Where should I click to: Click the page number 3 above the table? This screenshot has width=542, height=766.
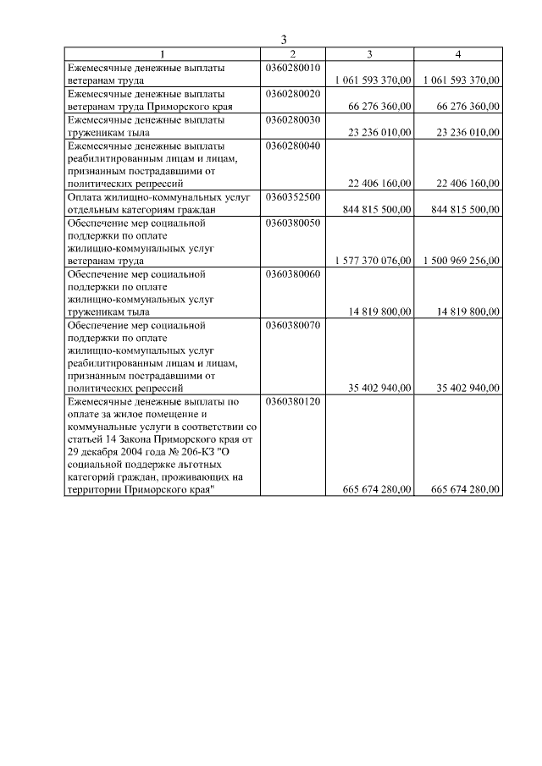[x=285, y=40]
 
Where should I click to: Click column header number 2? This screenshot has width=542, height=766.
[x=293, y=54]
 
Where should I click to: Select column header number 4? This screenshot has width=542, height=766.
[x=458, y=54]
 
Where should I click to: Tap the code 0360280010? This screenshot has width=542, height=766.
[x=293, y=67]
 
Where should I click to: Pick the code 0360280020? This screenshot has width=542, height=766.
[x=293, y=93]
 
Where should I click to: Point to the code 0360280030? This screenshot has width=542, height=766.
[x=293, y=119]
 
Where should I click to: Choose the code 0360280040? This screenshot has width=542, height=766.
[x=293, y=146]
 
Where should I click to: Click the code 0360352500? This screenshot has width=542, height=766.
[x=293, y=196]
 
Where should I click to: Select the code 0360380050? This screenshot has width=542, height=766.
[x=293, y=223]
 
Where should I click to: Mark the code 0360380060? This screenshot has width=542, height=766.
[x=293, y=273]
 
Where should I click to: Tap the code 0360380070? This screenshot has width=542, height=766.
[x=293, y=324]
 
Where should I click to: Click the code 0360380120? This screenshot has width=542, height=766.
[x=293, y=400]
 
